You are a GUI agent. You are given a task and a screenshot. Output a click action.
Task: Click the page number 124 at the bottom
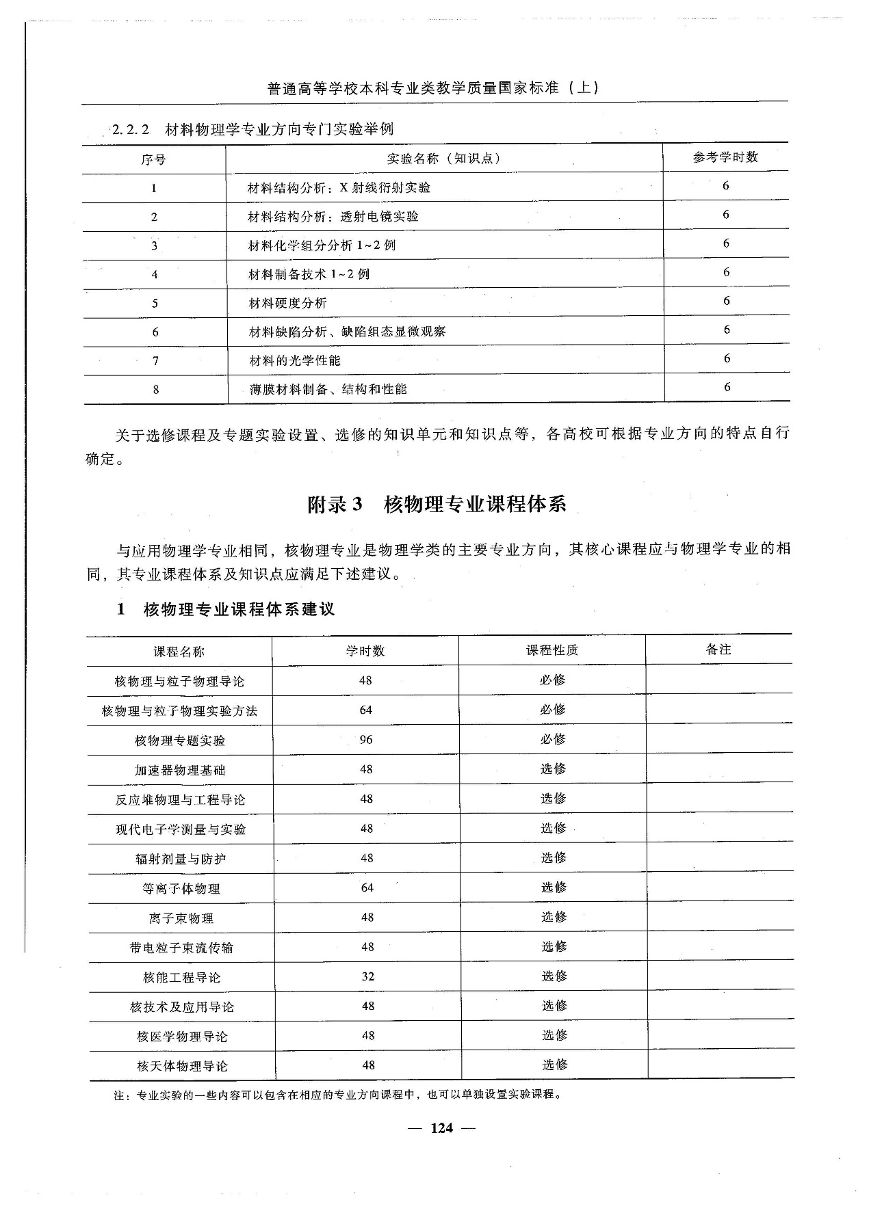click(x=441, y=1128)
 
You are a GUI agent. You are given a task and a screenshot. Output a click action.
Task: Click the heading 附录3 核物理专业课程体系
click(x=437, y=505)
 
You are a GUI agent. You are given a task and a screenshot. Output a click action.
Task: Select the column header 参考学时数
click(x=725, y=157)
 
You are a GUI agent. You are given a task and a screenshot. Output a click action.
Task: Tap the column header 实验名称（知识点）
click(x=444, y=159)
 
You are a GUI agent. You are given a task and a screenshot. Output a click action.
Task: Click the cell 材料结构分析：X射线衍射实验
click(x=339, y=187)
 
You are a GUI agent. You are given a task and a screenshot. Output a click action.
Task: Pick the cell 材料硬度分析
click(x=287, y=303)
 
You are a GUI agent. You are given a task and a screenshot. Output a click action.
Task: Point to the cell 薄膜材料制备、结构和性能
click(x=328, y=389)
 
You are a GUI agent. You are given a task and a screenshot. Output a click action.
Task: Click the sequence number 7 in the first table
click(x=155, y=361)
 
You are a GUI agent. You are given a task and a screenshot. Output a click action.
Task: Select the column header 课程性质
click(x=552, y=650)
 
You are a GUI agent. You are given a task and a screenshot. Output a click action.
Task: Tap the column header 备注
click(x=718, y=650)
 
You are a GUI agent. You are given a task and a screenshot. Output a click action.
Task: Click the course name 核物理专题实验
click(x=180, y=740)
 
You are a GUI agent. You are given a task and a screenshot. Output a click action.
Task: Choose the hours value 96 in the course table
click(x=366, y=739)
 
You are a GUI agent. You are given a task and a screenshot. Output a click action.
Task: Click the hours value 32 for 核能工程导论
click(x=367, y=976)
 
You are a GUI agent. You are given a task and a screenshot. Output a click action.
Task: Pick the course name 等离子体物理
click(x=181, y=889)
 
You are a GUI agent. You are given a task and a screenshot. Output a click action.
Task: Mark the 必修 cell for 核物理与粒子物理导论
click(x=552, y=680)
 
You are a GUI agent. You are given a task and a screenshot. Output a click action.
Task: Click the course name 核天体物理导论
click(x=182, y=1066)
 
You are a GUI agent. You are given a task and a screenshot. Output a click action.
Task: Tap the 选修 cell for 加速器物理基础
click(x=553, y=769)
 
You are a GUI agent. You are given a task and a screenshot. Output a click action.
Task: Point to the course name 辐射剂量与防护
click(x=181, y=859)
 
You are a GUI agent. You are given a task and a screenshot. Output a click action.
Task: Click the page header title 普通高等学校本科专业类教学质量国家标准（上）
click(x=434, y=88)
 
